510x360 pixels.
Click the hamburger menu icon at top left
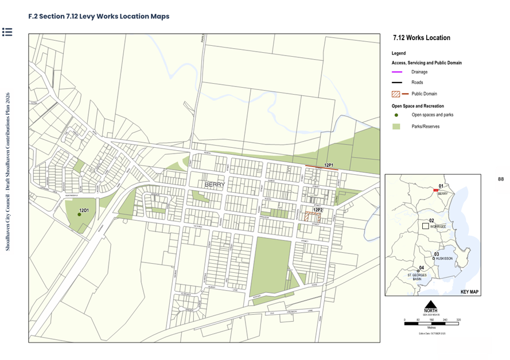coord(7,32)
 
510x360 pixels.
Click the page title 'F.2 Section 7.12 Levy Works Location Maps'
coord(99,16)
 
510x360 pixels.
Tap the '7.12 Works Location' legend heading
coord(421,38)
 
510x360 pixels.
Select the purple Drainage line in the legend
coord(396,72)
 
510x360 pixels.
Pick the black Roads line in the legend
coord(396,83)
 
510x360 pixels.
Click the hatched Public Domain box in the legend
coord(395,93)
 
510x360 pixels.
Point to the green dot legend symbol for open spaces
coord(396,115)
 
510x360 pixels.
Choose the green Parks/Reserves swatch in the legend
coord(396,126)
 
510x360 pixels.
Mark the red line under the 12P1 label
coord(321,167)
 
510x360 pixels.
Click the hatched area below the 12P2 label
coord(312,217)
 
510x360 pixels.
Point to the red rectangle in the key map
coord(436,190)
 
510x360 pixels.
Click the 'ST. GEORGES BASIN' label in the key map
coord(417,277)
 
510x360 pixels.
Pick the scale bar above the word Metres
coord(430,323)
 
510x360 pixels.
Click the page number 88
coord(500,179)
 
